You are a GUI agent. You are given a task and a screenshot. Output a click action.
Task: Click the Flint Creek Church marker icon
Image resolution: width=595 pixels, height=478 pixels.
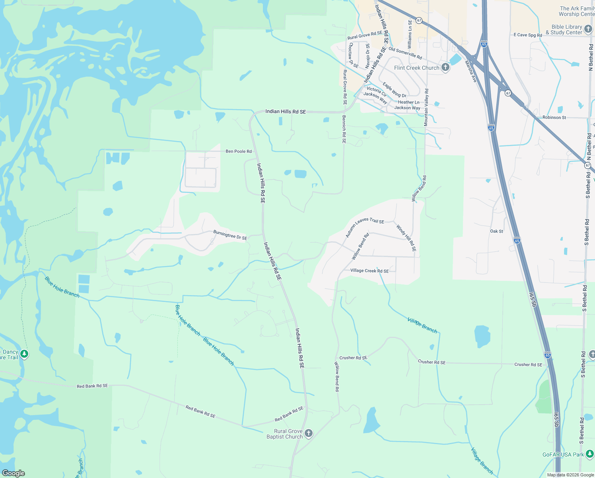coord(445,67)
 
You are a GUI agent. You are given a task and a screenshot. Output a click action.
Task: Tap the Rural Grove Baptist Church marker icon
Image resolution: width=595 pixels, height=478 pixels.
coord(309,433)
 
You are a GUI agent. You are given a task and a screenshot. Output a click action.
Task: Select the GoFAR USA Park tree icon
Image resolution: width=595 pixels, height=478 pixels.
coord(590,454)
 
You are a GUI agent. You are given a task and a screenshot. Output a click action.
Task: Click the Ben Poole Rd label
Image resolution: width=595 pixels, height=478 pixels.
coord(239,151)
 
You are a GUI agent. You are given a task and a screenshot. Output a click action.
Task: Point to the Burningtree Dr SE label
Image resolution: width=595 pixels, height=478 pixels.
coord(230,235)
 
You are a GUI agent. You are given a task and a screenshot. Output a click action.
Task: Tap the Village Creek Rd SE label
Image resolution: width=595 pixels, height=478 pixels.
coord(369,271)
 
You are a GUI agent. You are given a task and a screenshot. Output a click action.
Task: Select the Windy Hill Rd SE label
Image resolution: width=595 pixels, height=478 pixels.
coord(406,238)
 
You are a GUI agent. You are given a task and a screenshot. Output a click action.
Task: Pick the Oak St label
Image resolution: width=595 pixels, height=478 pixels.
coord(496,231)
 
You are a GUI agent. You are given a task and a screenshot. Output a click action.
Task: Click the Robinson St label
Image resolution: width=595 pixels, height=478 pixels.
coord(554,118)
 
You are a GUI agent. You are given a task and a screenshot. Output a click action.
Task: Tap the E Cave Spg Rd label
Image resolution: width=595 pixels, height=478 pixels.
coord(527,35)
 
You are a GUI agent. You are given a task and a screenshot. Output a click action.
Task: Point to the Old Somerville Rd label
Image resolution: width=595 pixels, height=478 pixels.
coord(405,53)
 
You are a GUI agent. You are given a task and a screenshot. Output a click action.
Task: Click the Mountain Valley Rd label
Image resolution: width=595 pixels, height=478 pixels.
coord(426,108)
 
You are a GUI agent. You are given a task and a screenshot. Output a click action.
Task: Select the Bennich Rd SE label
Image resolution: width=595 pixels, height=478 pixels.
coord(344,129)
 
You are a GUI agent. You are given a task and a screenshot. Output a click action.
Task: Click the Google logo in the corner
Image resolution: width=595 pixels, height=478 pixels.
coord(13,473)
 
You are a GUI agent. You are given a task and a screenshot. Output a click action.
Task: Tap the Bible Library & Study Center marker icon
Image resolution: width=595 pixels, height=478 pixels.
coord(589,29)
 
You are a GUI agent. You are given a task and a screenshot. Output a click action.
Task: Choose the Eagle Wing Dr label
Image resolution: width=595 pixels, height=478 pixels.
coord(395,90)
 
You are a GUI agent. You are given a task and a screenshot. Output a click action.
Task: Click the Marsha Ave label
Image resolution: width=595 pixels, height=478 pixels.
coord(471,72)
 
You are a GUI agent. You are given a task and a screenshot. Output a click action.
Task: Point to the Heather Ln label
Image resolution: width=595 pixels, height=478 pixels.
coord(408,102)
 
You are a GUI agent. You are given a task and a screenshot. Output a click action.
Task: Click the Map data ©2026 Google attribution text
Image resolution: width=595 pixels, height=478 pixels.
coord(570,475)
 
